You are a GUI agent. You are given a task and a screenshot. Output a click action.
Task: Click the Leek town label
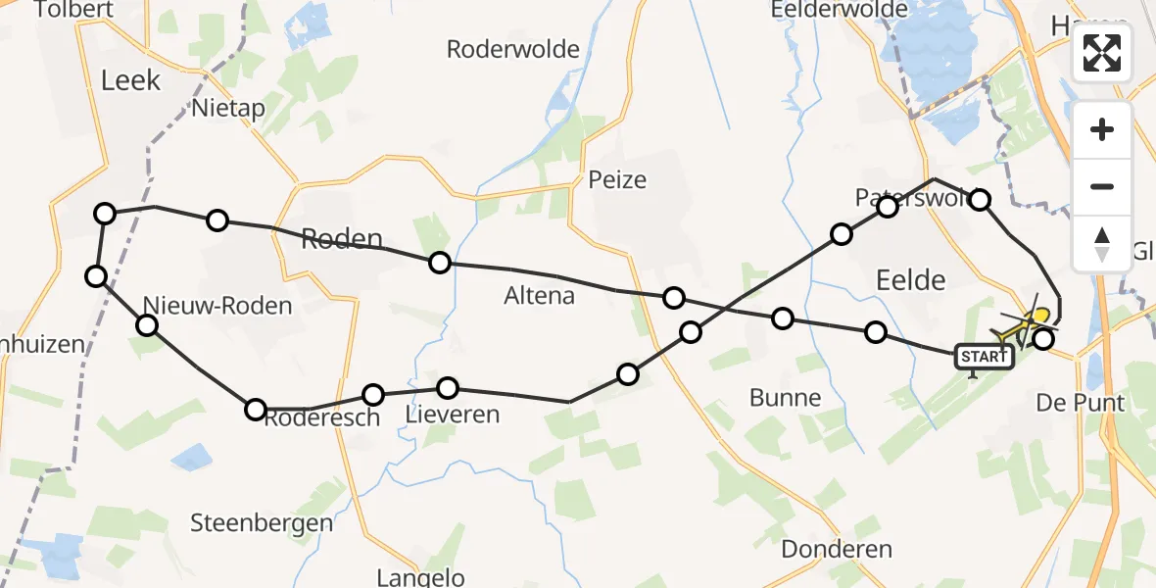click(x=130, y=80)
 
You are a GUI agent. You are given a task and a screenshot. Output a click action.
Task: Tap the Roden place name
click(x=341, y=238)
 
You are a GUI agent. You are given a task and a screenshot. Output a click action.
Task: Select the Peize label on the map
click(x=618, y=179)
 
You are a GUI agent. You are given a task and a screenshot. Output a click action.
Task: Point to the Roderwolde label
click(x=513, y=49)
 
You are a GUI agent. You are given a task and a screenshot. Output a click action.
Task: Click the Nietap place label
click(x=229, y=108)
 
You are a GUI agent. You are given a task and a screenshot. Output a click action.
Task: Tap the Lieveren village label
click(x=453, y=415)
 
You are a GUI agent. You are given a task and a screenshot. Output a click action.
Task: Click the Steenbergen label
click(x=262, y=522)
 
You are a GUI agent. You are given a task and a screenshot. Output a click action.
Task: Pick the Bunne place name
click(x=785, y=398)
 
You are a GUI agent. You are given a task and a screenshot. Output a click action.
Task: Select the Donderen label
click(x=837, y=549)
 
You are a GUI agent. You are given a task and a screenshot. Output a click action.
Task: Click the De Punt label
click(x=1081, y=403)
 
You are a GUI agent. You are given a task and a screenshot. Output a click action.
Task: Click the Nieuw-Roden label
click(x=217, y=306)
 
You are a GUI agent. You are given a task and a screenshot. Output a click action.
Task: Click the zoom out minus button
click(x=1102, y=186)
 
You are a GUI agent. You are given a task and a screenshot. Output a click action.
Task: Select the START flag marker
click(x=984, y=357)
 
